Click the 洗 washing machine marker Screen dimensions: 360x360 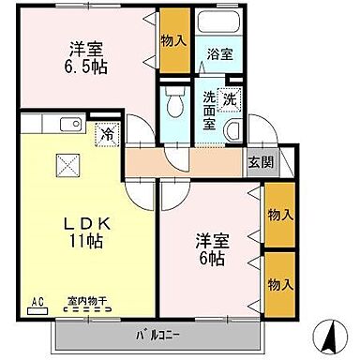point(231,96)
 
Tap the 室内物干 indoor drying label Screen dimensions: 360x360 point(85,302)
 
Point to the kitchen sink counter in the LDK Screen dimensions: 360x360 point(66,124)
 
